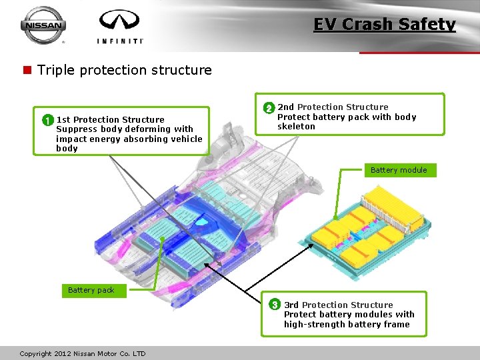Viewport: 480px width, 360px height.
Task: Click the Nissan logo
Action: [43, 25]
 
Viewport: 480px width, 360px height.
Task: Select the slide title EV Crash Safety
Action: [385, 25]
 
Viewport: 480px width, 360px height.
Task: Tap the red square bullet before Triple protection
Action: [27, 70]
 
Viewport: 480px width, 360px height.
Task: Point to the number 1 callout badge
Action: [47, 120]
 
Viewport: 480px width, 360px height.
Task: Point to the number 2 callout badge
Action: [268, 107]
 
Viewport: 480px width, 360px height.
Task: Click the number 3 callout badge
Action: [274, 305]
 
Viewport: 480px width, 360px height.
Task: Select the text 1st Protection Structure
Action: [110, 120]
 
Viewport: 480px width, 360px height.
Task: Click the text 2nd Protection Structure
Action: [333, 107]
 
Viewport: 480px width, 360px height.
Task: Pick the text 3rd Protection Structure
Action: [339, 305]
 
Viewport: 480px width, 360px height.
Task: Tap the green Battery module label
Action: [399, 170]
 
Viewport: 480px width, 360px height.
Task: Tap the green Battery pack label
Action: [91, 290]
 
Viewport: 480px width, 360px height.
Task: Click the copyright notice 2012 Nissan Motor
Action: [83, 353]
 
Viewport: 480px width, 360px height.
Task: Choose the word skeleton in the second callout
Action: [296, 127]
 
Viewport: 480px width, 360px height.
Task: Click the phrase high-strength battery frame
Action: [347, 325]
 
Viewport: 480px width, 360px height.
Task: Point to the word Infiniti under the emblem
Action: [120, 41]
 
